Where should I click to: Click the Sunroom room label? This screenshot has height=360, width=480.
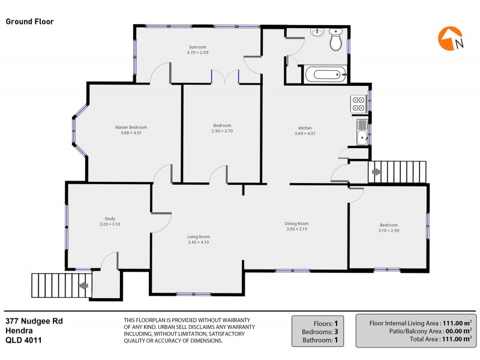click(x=197, y=47)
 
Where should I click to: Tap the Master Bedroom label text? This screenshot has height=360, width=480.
click(x=131, y=127)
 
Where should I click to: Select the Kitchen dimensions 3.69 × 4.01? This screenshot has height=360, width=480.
click(x=305, y=134)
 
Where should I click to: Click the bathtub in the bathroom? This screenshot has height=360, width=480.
click(x=325, y=75)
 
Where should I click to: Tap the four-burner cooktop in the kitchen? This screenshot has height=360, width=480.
click(x=359, y=104)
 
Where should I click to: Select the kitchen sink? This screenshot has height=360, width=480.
click(x=361, y=133)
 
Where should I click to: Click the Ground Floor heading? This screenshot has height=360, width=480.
click(x=30, y=22)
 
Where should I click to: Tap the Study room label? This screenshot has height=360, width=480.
click(x=110, y=219)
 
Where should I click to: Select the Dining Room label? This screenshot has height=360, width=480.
click(x=296, y=223)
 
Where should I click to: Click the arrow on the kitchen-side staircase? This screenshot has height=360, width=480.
click(x=376, y=172)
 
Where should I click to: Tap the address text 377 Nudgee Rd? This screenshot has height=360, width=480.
click(x=34, y=321)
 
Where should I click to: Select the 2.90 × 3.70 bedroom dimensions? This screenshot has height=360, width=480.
click(x=221, y=131)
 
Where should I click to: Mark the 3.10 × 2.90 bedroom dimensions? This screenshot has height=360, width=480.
click(x=388, y=230)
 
